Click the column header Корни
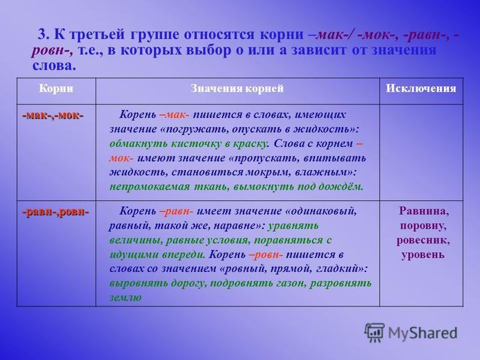(x=56, y=88)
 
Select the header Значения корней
(x=237, y=88)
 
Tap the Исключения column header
(x=421, y=88)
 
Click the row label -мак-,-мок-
(x=53, y=115)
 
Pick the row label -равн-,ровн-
(x=55, y=212)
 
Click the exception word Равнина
(x=424, y=211)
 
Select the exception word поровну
(x=423, y=226)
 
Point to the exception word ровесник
(x=423, y=240)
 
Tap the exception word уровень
(x=423, y=254)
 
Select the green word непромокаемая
(x=149, y=187)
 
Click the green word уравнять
(x=293, y=226)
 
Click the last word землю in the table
(x=125, y=297)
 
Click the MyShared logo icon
(x=374, y=332)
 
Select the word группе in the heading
(x=154, y=35)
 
